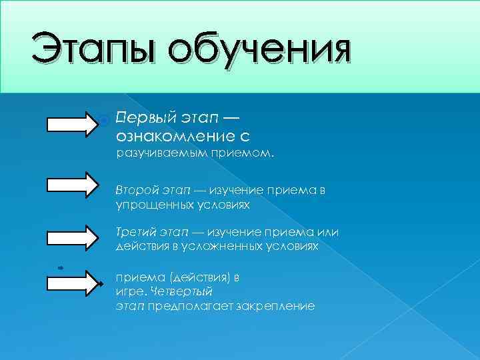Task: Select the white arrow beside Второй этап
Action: (x=72, y=185)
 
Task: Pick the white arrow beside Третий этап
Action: (x=72, y=237)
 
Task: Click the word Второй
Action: (x=137, y=191)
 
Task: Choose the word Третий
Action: (x=136, y=232)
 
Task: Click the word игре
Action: (x=129, y=291)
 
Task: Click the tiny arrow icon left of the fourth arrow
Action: (x=60, y=267)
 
